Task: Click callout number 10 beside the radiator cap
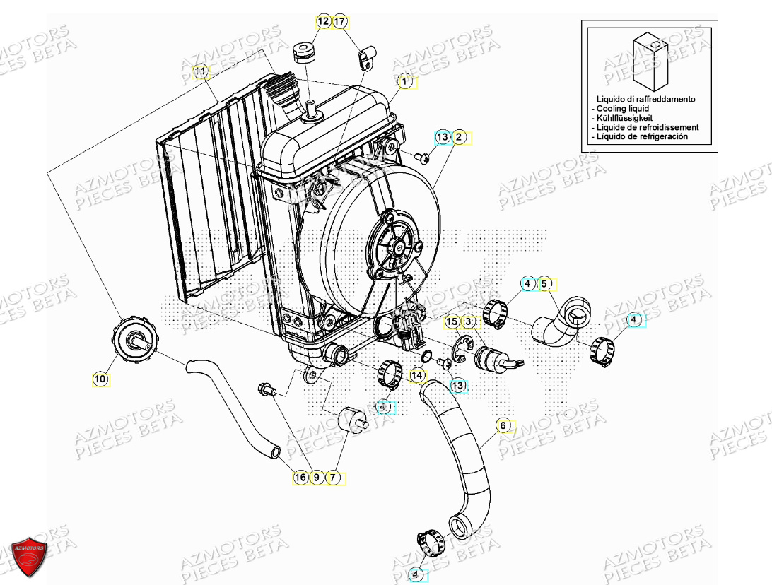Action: point(100,379)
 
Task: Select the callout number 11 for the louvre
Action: point(201,71)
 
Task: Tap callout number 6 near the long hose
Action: point(503,425)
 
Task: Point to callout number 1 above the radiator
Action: point(404,82)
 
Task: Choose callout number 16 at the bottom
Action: point(300,478)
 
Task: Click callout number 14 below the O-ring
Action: point(418,374)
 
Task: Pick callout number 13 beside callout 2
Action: point(442,136)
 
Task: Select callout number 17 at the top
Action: point(339,22)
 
